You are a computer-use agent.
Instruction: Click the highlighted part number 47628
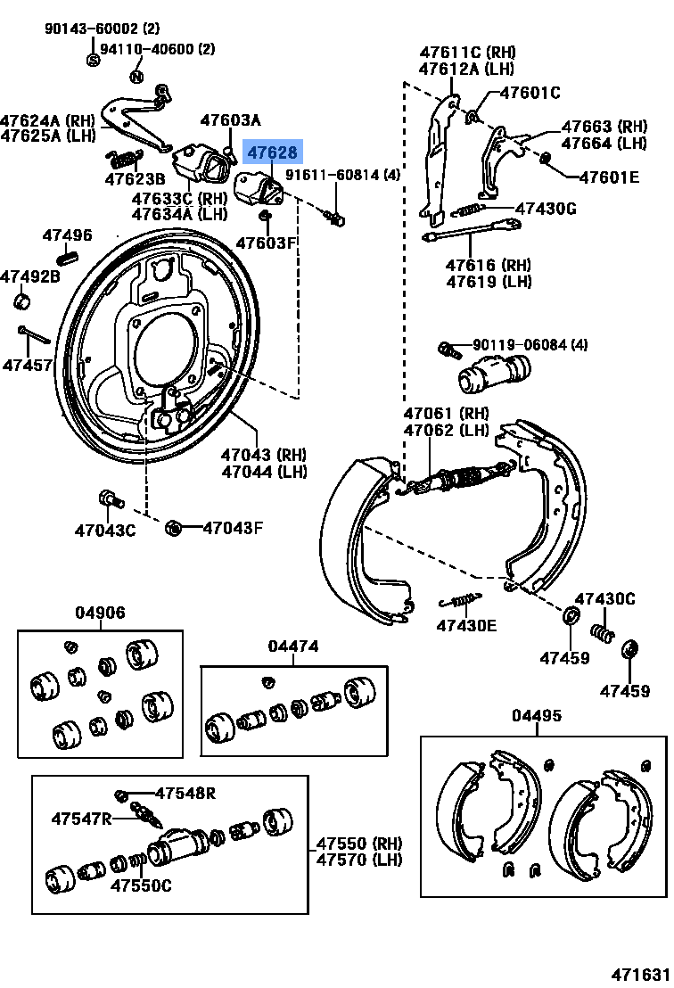(274, 152)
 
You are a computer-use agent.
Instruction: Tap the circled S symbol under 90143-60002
(93, 60)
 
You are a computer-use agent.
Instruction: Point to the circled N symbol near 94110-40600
(136, 76)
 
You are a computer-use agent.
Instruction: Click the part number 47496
(68, 235)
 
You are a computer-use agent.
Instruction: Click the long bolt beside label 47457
(33, 337)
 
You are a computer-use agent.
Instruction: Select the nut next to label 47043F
(174, 528)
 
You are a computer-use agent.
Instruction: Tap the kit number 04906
(100, 613)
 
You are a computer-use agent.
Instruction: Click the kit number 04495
(537, 716)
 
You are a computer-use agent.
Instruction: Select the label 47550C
(141, 885)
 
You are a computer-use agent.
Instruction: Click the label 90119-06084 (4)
(530, 345)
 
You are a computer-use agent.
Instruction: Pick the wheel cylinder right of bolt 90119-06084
(493, 375)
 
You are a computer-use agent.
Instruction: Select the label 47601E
(609, 177)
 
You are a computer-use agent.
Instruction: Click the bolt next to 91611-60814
(336, 217)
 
